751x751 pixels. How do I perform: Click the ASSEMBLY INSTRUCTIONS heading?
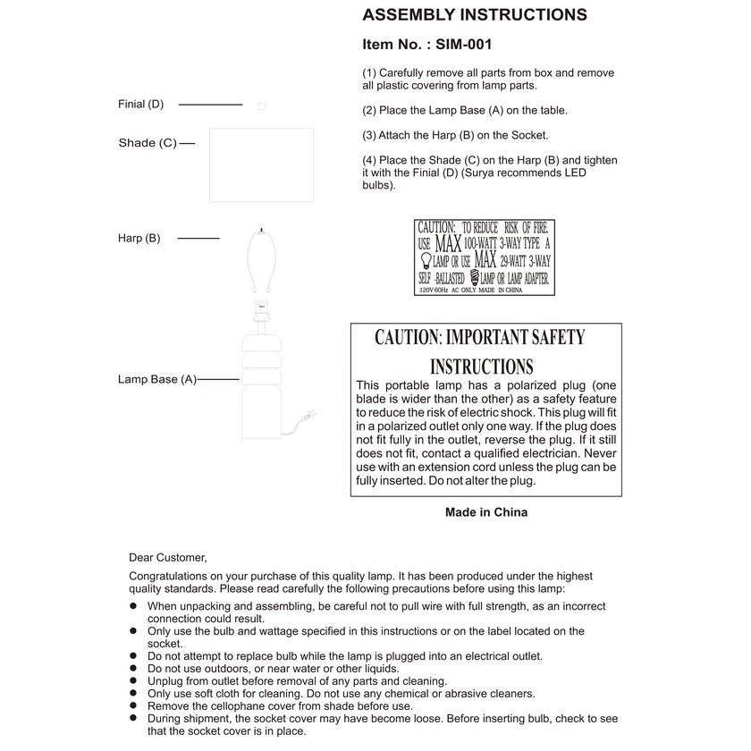pos(474,15)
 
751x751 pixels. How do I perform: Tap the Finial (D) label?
pos(141,105)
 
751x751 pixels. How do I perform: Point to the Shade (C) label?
pos(148,143)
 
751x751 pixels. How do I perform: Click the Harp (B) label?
pos(139,238)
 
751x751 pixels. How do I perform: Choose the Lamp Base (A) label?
pos(156,379)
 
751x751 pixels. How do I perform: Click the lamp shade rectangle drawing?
pos(261,165)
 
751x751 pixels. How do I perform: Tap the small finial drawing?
pos(261,105)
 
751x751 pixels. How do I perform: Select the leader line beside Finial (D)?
pos(210,105)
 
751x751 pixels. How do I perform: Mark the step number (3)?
pos(369,136)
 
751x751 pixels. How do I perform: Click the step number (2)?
pos(369,111)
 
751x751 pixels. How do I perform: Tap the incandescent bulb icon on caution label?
pos(424,260)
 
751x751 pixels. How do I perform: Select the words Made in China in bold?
pos(485,512)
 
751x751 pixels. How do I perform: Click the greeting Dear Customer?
pos(167,557)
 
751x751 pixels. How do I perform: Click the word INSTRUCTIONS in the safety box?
pos(481,367)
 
